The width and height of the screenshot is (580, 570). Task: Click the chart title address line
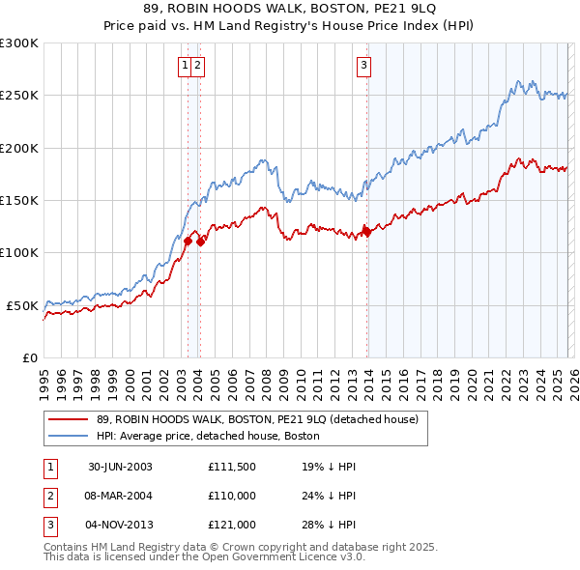point(289,9)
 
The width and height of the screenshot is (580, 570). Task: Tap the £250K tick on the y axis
point(19,96)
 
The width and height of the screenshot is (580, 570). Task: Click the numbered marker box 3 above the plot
point(364,66)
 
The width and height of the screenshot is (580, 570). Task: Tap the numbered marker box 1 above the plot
point(184,66)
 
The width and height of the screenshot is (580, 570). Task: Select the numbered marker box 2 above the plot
point(197,66)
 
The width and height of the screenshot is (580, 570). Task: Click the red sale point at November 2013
point(366,231)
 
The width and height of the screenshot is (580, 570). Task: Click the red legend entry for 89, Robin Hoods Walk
point(257,419)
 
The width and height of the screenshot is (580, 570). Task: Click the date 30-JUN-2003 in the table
point(120,467)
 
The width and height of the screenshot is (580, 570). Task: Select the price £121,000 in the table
point(231,525)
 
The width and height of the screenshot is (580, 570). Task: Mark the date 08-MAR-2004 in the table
point(120,496)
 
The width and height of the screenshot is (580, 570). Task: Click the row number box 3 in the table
point(49,525)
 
